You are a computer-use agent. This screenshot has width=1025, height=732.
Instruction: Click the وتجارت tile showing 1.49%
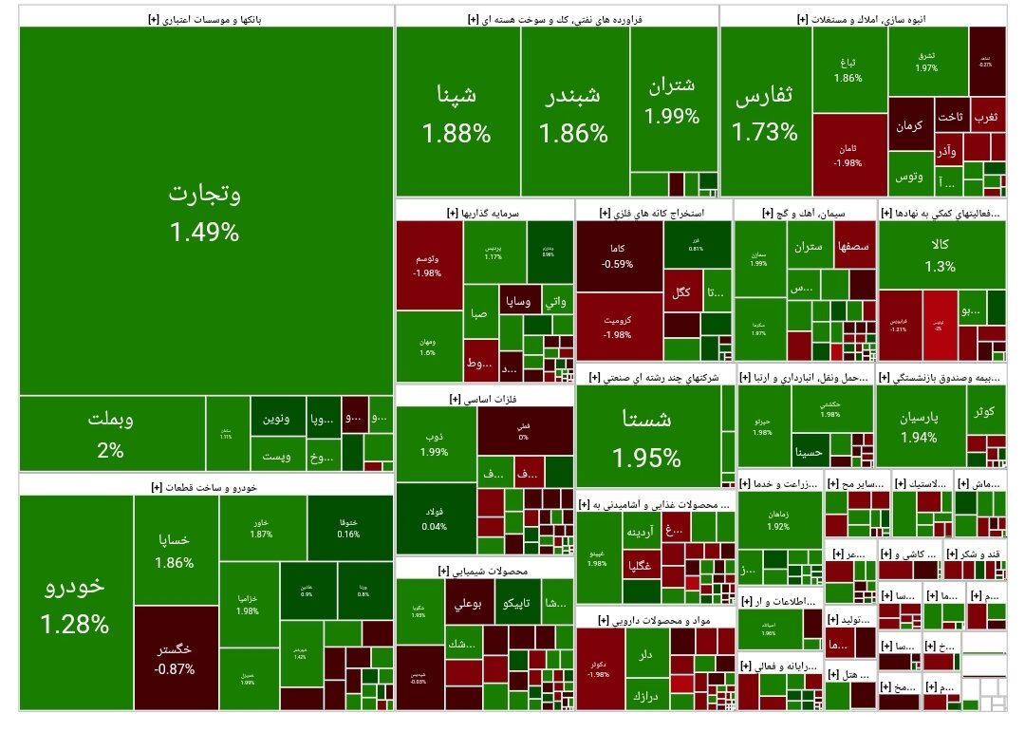pos(205,211)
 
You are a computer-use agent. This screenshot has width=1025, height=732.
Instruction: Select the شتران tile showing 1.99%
pos(672,100)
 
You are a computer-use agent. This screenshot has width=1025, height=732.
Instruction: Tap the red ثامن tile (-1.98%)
pos(848,155)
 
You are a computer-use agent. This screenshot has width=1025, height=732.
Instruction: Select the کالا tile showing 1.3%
pos(941,254)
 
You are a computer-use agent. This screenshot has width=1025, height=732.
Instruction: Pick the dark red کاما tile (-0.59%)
pos(618,256)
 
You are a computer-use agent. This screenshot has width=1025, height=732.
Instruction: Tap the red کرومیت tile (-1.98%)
pos(618,328)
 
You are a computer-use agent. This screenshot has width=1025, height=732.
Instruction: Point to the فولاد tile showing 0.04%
pos(434,518)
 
